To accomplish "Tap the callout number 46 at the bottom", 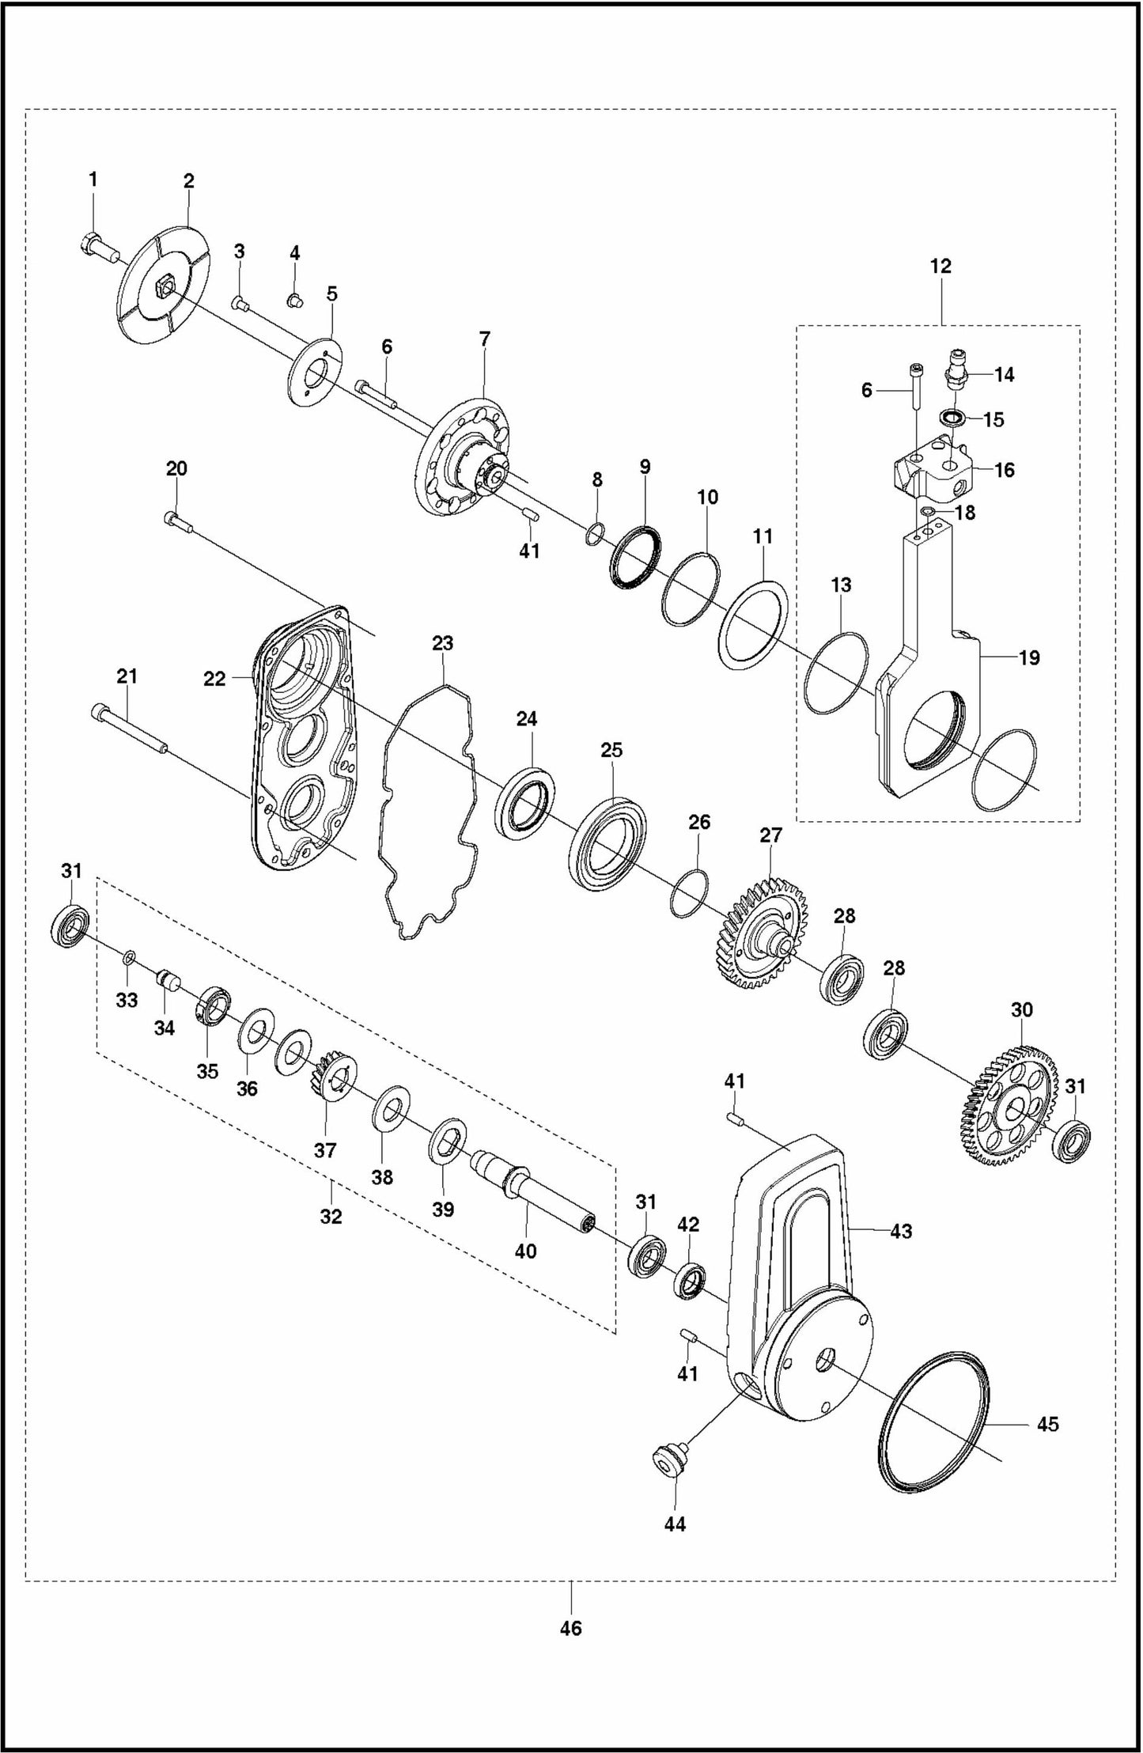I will [x=570, y=1628].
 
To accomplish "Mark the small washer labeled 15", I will [x=952, y=417].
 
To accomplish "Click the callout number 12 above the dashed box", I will [x=941, y=266].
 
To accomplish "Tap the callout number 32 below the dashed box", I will [x=331, y=1217].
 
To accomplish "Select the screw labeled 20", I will [x=176, y=520].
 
